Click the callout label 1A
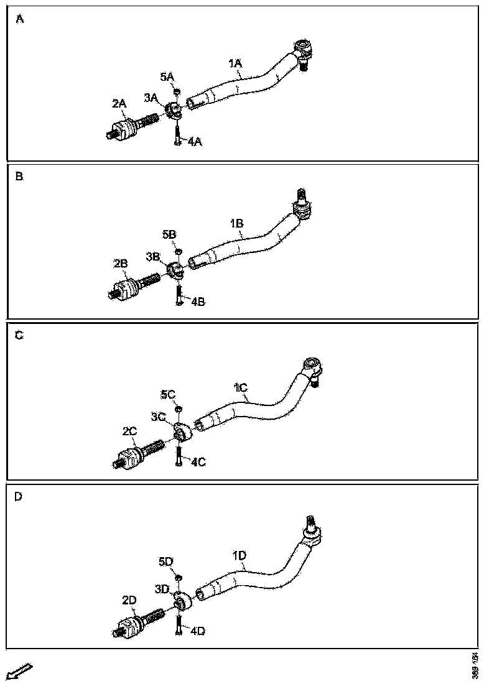click(x=235, y=63)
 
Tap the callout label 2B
click(x=121, y=264)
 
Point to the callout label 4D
click(x=197, y=631)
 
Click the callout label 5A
click(x=167, y=77)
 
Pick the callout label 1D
click(x=239, y=555)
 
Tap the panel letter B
click(x=20, y=177)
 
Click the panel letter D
click(x=18, y=496)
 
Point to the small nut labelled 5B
click(x=178, y=251)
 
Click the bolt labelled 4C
click(x=178, y=455)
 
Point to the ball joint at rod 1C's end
click(x=311, y=369)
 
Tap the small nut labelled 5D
click(x=178, y=578)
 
